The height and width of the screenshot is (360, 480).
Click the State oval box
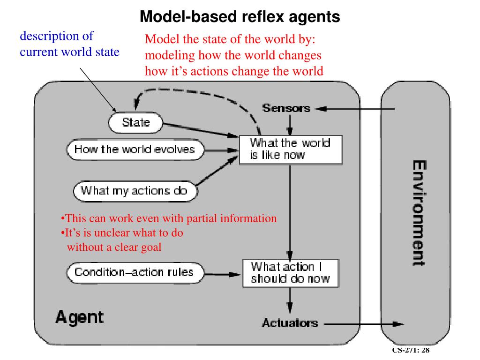click(135, 123)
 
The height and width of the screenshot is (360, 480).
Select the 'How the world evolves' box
click(135, 150)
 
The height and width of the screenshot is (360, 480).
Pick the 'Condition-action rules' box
click(135, 272)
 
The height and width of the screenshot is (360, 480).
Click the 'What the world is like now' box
click(291, 150)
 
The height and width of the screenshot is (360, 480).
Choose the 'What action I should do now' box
click(291, 273)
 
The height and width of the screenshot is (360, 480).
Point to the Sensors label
click(286, 108)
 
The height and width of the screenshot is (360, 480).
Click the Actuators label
click(290, 323)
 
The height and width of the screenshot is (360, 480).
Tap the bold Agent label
click(80, 317)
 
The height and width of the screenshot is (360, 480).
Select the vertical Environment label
click(419, 213)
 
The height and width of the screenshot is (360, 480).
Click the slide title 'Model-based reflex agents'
click(240, 16)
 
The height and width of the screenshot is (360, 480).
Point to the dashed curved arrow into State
click(196, 92)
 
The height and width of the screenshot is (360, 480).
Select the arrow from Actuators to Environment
click(364, 324)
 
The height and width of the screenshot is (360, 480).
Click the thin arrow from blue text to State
click(98, 90)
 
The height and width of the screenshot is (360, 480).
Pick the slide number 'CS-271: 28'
click(411, 350)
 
